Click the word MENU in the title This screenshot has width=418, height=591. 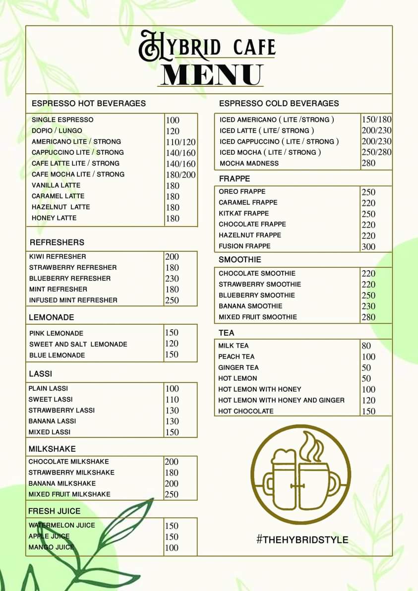[x=211, y=75]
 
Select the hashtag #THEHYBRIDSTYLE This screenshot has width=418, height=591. [x=302, y=539]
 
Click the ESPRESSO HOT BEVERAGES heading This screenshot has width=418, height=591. [x=89, y=103]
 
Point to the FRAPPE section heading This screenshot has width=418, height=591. [x=235, y=178]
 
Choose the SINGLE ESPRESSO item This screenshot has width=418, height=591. [x=62, y=119]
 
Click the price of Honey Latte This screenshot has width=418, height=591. [x=173, y=218]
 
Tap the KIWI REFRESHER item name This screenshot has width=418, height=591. [x=58, y=256]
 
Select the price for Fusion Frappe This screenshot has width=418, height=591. [x=368, y=246]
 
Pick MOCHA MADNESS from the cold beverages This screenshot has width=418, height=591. [x=249, y=163]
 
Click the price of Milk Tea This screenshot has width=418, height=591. [x=366, y=346]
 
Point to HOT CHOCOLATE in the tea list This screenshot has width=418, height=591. [x=246, y=411]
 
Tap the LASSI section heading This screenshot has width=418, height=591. [x=40, y=373]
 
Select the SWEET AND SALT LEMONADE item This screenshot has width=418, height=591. [x=78, y=344]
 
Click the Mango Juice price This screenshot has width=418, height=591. [x=172, y=547]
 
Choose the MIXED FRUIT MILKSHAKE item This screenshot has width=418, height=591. [x=69, y=494]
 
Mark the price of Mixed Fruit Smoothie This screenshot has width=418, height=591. [x=368, y=317]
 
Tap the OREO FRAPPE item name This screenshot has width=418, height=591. [x=242, y=191]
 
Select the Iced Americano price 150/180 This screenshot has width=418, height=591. [x=376, y=119]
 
